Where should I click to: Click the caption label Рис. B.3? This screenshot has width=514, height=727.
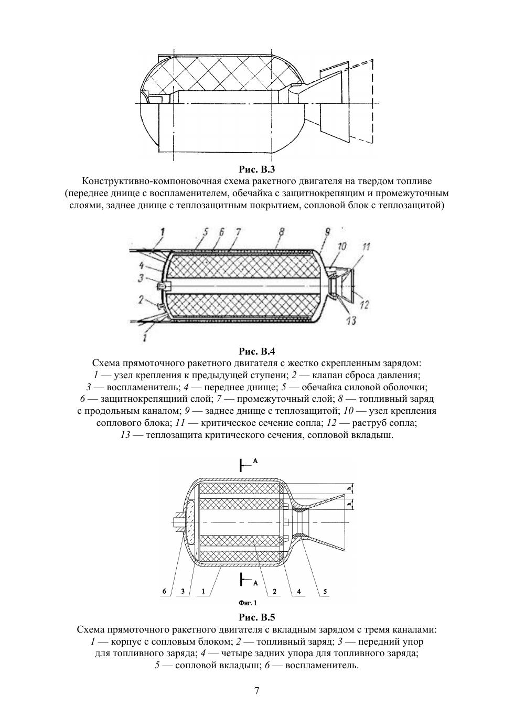click(x=256, y=169)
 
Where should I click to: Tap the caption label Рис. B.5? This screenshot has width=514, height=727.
click(x=256, y=617)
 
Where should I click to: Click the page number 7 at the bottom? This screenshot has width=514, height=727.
click(x=256, y=690)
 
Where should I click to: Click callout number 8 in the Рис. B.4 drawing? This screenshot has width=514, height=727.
click(x=281, y=232)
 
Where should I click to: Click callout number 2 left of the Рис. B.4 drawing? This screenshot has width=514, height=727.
click(x=141, y=300)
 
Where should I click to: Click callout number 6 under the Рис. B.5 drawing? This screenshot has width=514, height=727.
click(x=164, y=591)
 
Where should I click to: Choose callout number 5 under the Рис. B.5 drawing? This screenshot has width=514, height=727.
click(x=325, y=591)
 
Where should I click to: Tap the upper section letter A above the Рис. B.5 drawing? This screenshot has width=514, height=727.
click(x=255, y=460)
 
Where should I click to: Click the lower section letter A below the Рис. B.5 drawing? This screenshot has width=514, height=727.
click(x=255, y=582)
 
